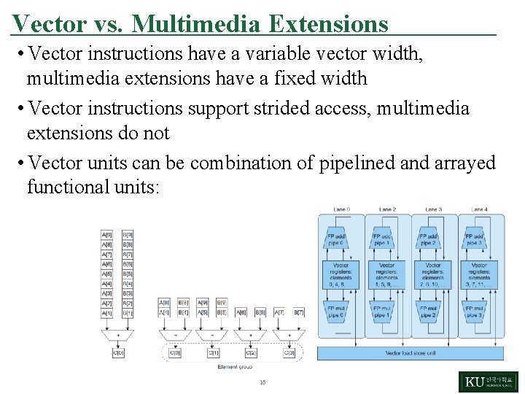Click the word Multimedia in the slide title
coord(195,24)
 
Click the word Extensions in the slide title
coord(328,24)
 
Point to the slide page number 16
coord(262,382)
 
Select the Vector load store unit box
coord(410,353)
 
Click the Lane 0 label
coord(341,209)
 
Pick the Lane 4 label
coord(478,209)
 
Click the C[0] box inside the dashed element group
coord(176,352)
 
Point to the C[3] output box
coord(289,352)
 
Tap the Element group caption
coord(235,366)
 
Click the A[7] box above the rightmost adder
coord(280,312)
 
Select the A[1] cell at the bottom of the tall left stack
coord(107,312)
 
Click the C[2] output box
coord(251,352)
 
